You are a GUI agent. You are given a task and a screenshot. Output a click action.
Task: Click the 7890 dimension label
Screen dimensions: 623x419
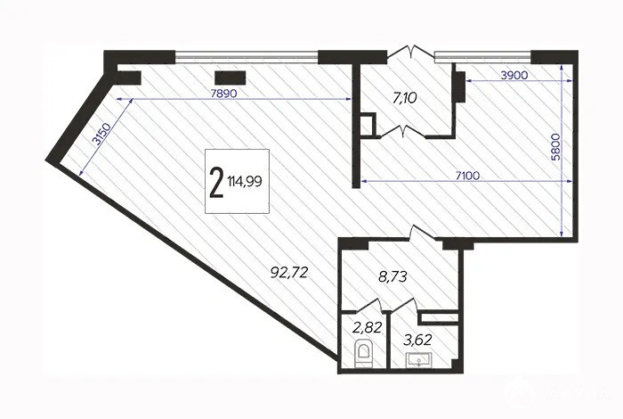[224, 94]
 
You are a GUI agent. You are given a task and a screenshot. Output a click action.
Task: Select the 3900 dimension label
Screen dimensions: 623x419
[514, 75]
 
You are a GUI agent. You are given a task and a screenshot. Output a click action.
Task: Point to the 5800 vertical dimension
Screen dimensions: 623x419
[556, 147]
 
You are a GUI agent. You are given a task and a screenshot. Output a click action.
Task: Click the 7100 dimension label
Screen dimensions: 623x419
[467, 175]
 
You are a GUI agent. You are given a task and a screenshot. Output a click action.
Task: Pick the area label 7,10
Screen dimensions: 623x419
[405, 97]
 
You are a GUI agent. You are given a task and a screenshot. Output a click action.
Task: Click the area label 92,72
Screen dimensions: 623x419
[289, 273]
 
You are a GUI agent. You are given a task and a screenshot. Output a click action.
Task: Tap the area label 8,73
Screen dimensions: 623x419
[392, 276]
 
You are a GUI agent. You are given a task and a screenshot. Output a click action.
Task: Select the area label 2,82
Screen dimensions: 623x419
[368, 328]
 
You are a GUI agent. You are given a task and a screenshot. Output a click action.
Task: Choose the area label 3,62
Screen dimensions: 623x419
[417, 341]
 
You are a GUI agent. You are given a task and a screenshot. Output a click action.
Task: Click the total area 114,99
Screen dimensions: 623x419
[245, 182]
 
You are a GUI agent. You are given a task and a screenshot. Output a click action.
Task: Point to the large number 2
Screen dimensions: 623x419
[215, 182]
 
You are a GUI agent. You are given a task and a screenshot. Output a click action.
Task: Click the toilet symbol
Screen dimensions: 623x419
[363, 353]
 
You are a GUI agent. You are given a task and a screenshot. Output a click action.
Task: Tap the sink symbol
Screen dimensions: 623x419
[418, 360]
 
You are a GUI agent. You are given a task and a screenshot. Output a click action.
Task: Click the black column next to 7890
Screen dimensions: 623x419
[231, 78]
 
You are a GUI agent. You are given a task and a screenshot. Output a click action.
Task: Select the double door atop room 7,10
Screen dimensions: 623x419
[411, 53]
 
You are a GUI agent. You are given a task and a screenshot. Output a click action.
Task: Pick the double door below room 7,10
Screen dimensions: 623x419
[403, 131]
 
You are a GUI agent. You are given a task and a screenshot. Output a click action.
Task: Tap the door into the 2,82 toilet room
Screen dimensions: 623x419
[369, 306]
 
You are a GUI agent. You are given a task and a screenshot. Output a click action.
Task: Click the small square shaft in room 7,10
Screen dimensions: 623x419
[368, 125]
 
